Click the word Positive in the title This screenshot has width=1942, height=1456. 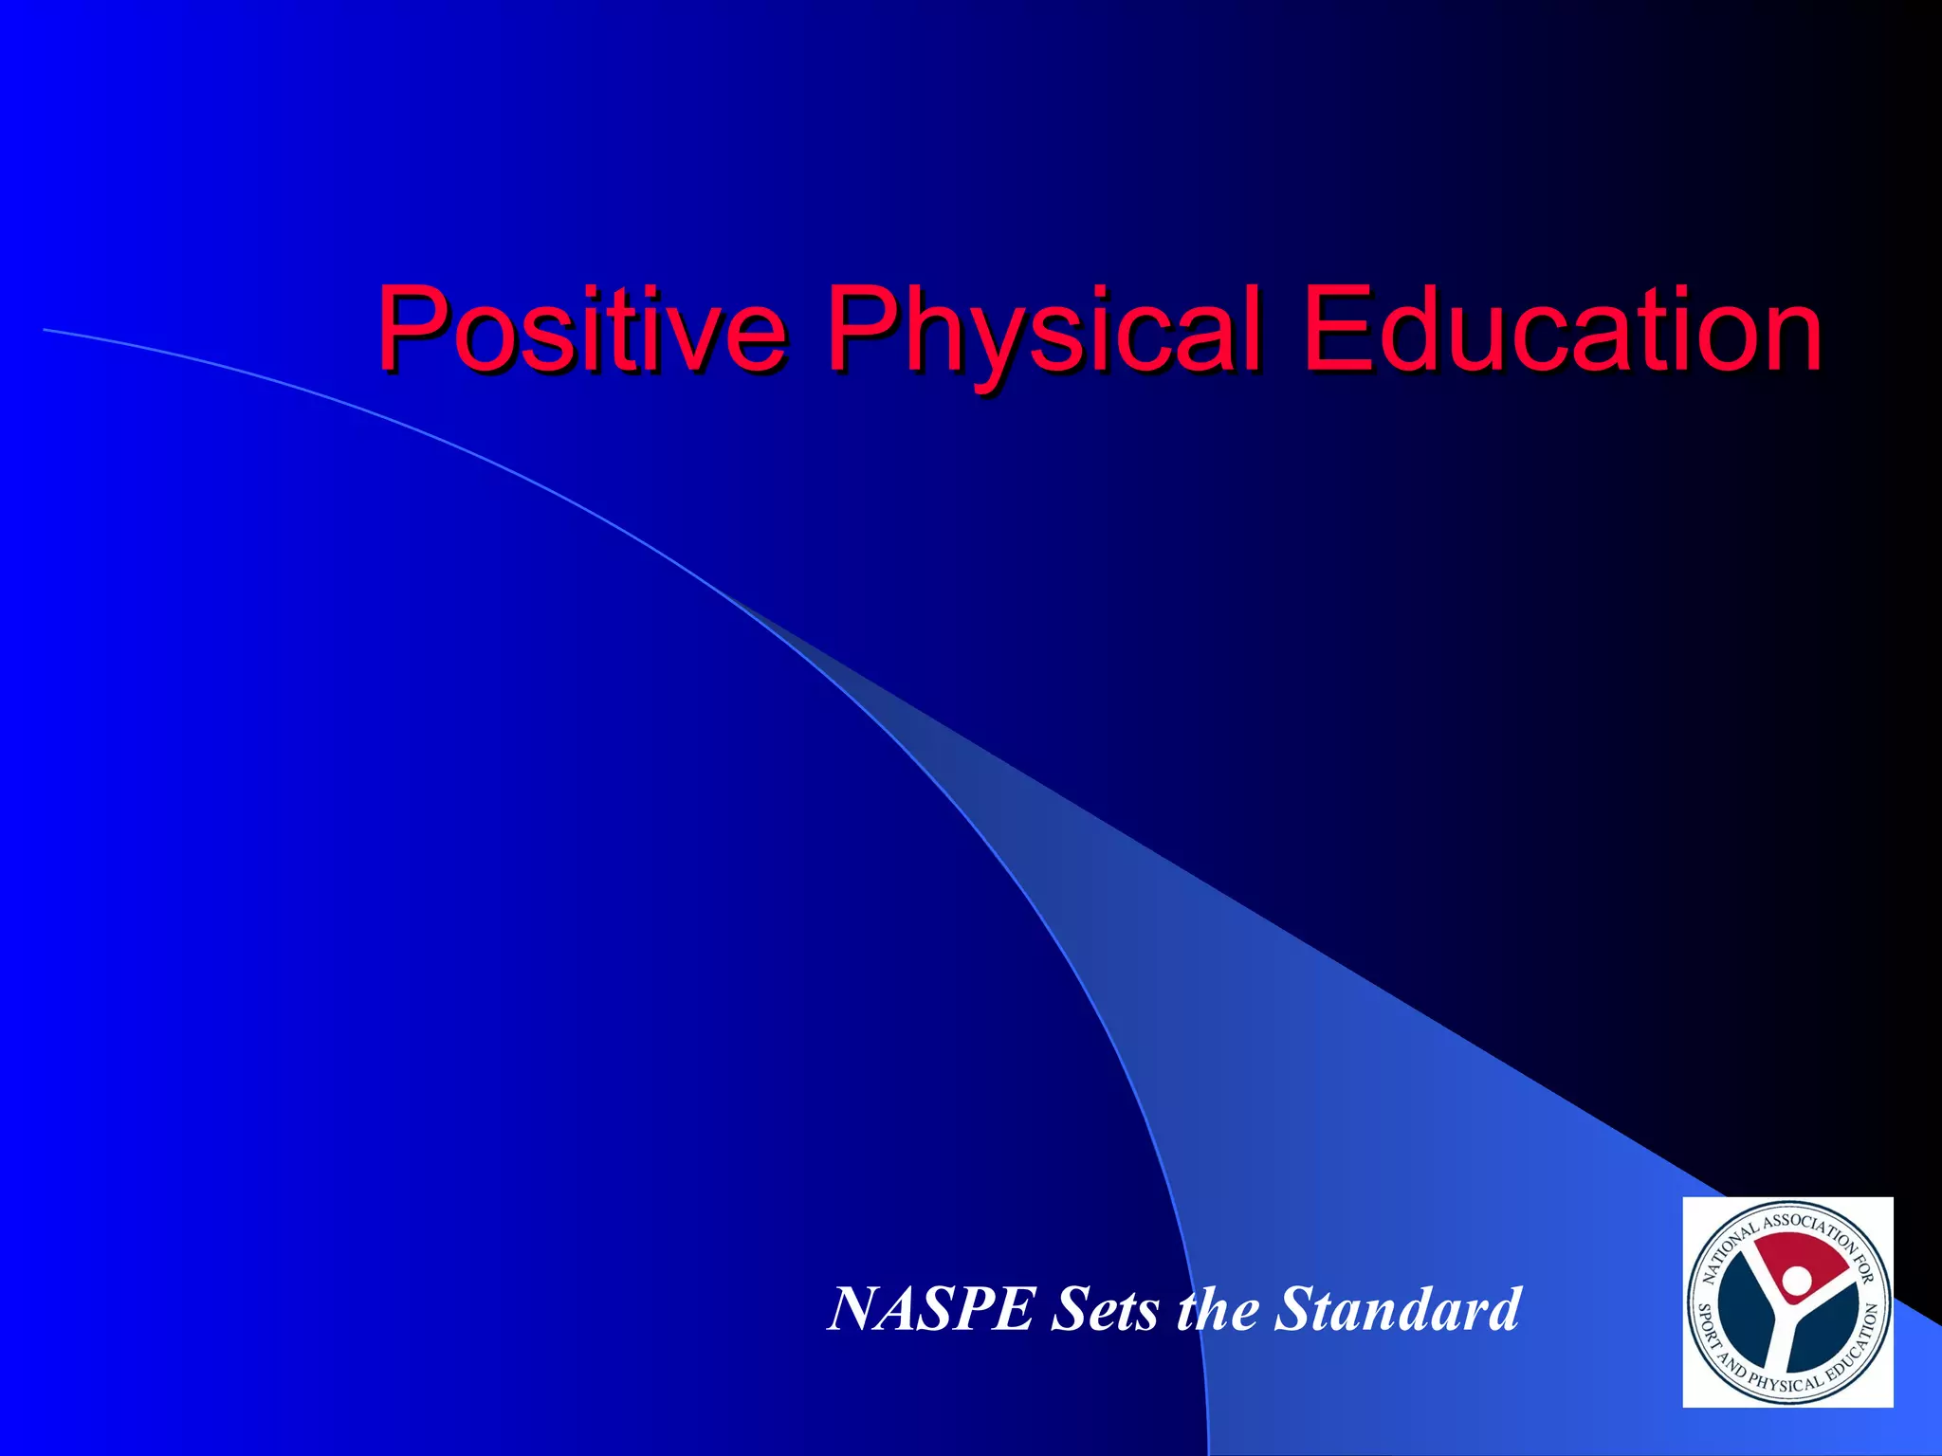(x=580, y=330)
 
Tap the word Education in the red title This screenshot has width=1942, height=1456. (x=1562, y=330)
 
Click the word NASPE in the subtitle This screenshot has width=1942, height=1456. (x=930, y=1309)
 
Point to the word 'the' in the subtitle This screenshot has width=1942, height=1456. (x=1218, y=1309)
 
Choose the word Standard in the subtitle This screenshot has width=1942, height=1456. (x=1398, y=1309)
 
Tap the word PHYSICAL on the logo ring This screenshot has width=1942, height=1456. (x=1784, y=1383)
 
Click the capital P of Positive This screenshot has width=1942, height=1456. (x=410, y=330)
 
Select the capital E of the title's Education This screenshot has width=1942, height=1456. (x=1335, y=330)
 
